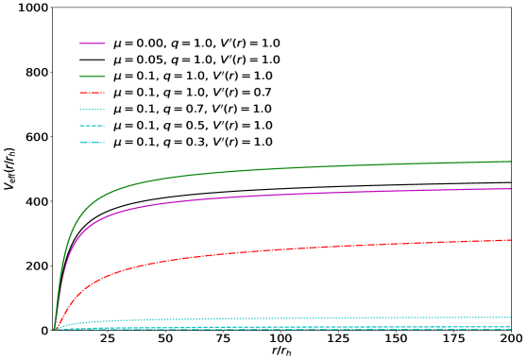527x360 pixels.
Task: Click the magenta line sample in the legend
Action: (93, 43)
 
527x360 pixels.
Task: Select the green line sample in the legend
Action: (93, 76)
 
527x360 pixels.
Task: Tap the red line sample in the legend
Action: (93, 93)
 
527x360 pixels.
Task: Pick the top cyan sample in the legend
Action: (93, 110)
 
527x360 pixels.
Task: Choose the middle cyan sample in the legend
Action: (93, 126)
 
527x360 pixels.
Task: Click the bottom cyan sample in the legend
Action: (93, 143)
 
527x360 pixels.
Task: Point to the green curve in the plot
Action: (283, 168)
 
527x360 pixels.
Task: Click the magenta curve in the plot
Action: (283, 195)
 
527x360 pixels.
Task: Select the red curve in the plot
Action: (283, 249)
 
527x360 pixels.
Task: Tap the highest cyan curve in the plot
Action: (283, 319)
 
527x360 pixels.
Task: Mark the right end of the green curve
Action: (511, 162)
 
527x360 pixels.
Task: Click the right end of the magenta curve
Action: (511, 189)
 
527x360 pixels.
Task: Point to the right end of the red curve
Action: (511, 240)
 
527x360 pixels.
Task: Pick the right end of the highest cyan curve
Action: (511, 317)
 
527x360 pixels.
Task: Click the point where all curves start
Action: (55, 330)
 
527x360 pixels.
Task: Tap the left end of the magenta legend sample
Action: (80, 43)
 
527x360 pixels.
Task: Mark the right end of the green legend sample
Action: (105, 76)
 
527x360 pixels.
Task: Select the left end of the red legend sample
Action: (80, 93)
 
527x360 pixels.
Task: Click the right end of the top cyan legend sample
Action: (105, 110)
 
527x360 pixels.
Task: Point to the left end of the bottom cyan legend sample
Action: (80, 143)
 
